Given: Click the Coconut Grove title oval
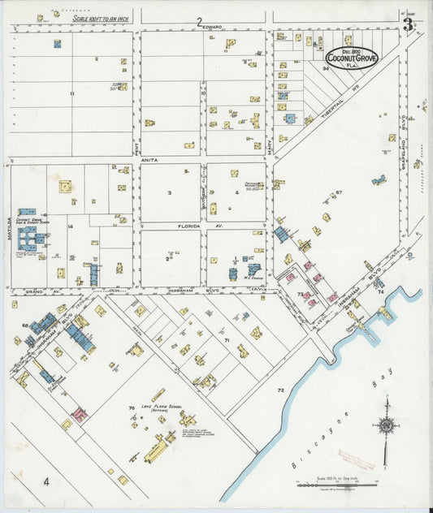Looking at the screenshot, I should (x=350, y=57).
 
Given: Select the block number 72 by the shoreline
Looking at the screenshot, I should (x=281, y=390).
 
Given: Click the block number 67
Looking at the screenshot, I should (x=339, y=192).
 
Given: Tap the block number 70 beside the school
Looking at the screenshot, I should (x=130, y=407).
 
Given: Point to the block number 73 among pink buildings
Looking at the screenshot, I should (x=300, y=294).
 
